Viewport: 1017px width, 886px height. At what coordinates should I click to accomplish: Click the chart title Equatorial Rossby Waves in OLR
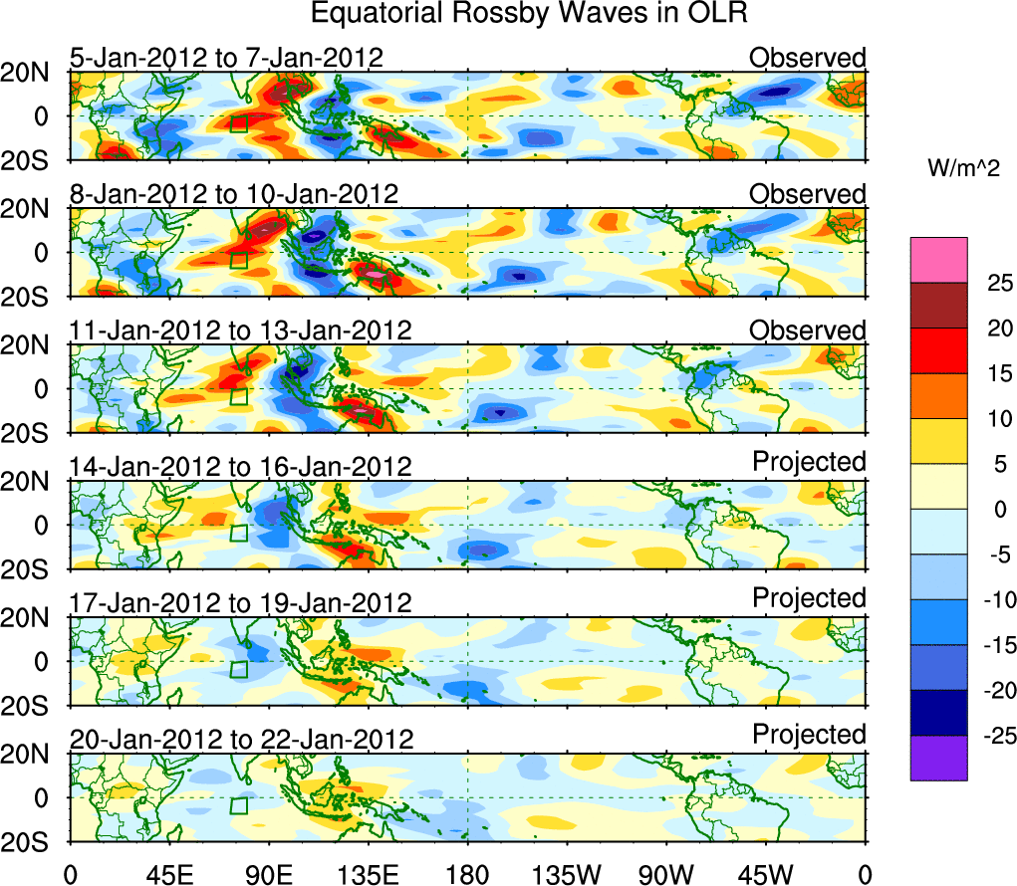tap(529, 14)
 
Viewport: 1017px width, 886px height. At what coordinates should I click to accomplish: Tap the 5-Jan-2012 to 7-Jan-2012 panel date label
tap(226, 58)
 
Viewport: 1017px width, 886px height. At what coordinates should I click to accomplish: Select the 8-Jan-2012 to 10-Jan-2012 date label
tap(234, 193)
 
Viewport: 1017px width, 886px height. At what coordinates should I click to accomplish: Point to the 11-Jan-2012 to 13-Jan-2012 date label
tap(240, 330)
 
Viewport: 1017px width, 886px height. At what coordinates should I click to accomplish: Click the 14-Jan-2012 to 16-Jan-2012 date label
tap(240, 466)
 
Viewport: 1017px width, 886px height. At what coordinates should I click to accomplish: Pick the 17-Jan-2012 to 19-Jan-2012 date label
tap(240, 602)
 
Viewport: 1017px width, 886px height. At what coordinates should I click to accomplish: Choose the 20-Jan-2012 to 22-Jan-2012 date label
tap(241, 739)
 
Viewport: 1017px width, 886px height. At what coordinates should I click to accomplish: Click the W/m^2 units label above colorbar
tap(964, 170)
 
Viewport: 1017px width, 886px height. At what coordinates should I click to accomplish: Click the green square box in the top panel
tap(238, 123)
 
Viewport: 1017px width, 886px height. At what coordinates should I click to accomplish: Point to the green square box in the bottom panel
tap(238, 805)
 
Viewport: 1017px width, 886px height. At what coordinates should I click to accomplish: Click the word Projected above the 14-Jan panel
tap(809, 462)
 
